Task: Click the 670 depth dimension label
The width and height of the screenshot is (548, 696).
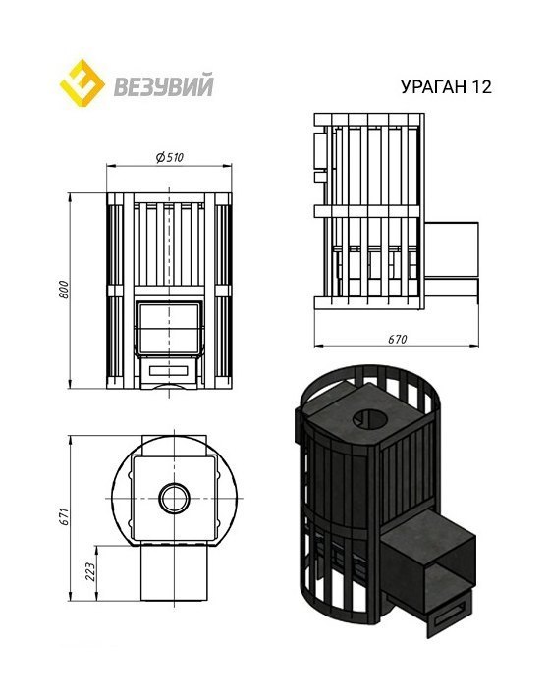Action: (397, 339)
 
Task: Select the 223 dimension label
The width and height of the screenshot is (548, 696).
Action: (91, 573)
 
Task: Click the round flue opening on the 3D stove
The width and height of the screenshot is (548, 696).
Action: (371, 416)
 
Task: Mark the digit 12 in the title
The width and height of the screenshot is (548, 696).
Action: (479, 86)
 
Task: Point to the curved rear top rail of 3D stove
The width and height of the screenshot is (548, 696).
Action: (339, 383)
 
